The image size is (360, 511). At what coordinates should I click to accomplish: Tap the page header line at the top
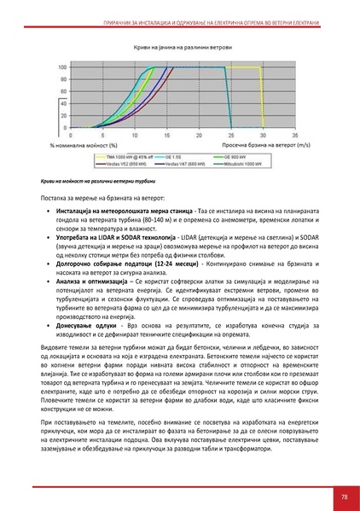pyautogui.click(x=180, y=9)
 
